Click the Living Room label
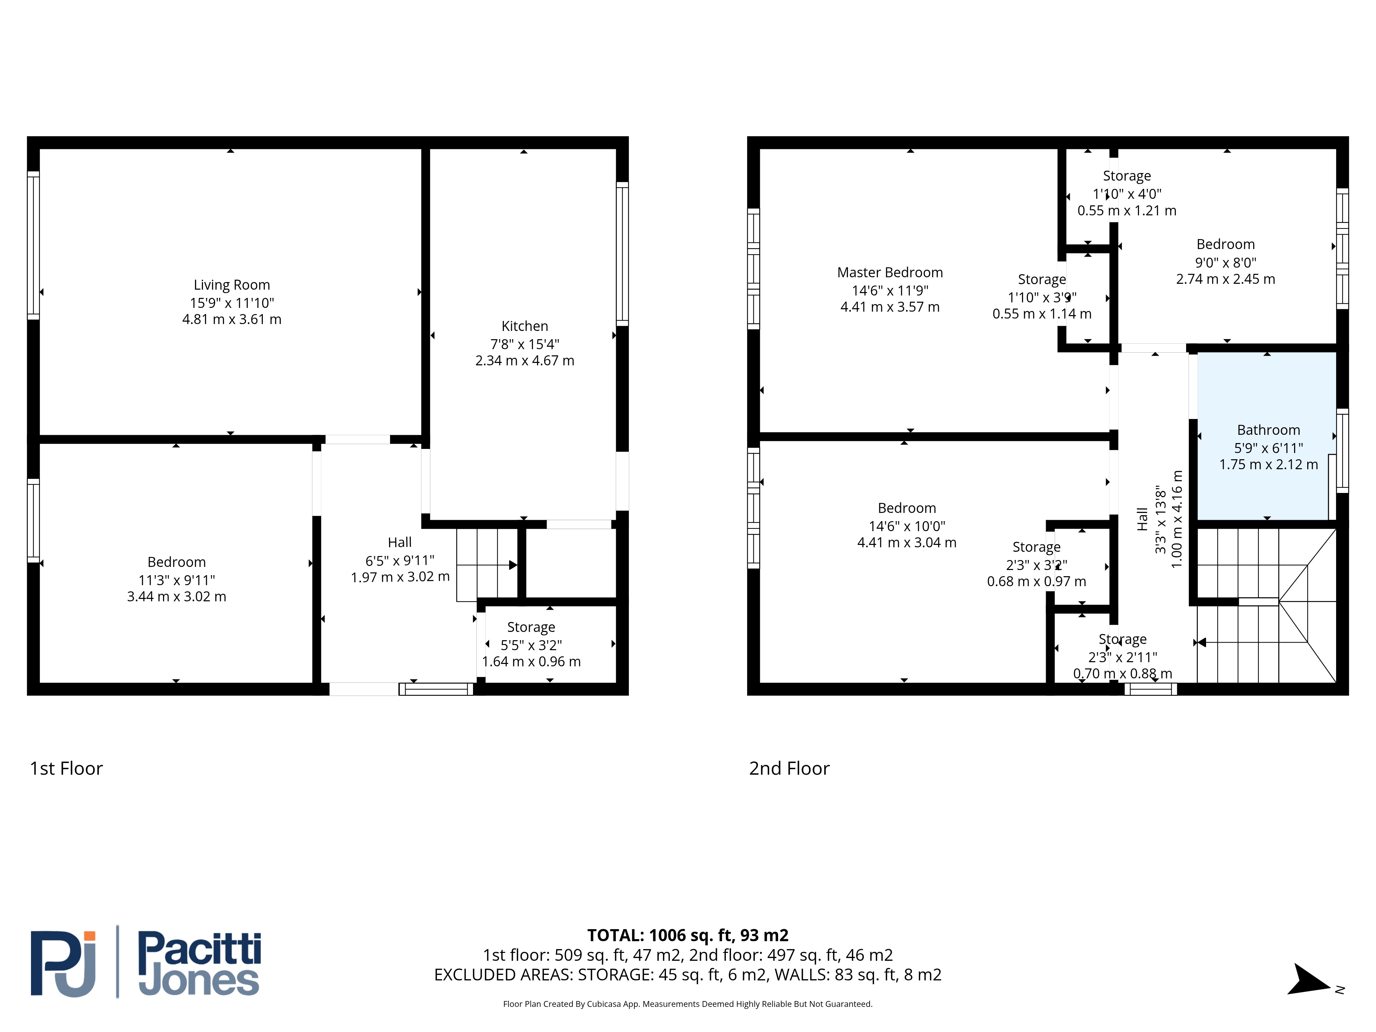(x=232, y=285)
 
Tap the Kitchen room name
(x=524, y=326)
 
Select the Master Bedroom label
(x=890, y=272)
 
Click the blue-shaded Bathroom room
(x=1267, y=436)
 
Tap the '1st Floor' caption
(x=66, y=768)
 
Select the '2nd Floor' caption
(x=789, y=768)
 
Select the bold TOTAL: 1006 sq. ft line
(x=687, y=935)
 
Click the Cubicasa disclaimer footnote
(x=687, y=1003)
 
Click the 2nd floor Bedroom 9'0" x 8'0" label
(x=1225, y=261)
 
